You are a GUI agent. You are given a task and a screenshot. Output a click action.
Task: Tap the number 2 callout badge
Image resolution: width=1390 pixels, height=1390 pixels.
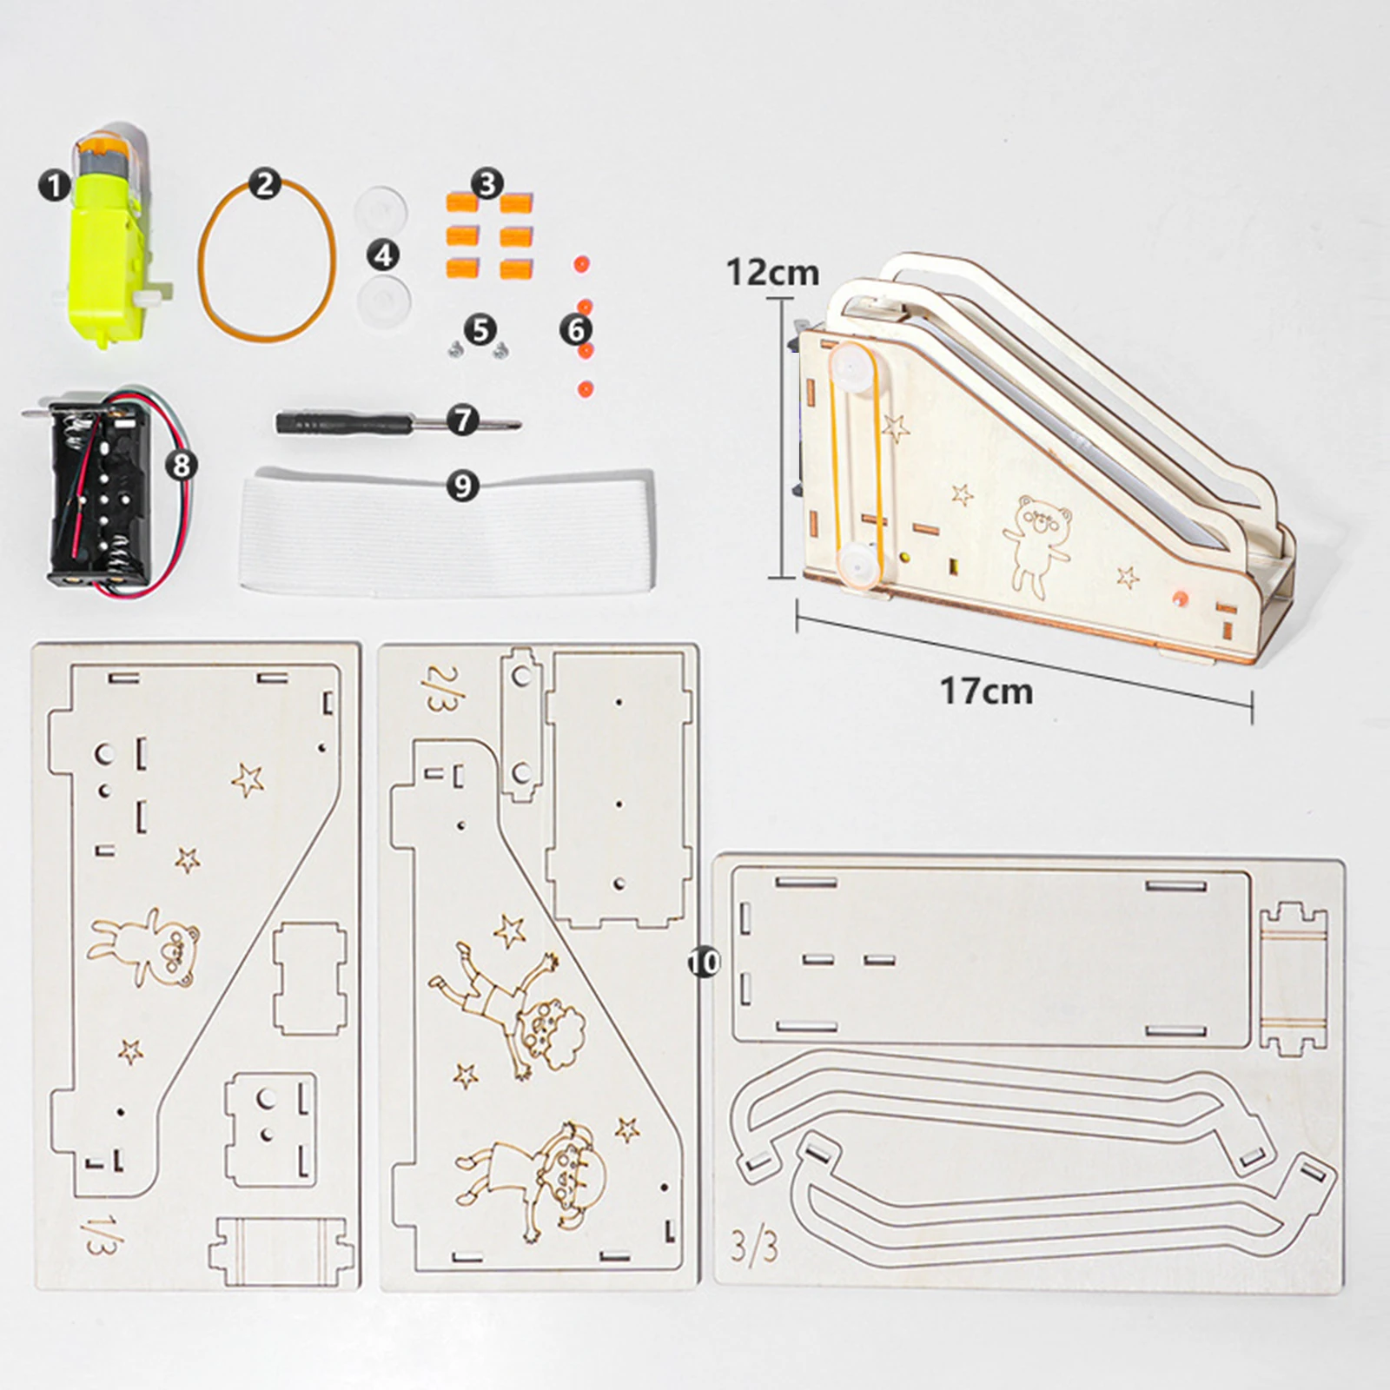coord(265,184)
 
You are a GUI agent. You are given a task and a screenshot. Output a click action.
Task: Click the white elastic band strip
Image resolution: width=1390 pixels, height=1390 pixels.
coord(447,530)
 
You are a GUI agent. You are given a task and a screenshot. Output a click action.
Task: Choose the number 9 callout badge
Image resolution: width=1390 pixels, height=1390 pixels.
coord(463,486)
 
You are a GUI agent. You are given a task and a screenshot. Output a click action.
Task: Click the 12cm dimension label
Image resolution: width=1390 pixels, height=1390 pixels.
coord(772,273)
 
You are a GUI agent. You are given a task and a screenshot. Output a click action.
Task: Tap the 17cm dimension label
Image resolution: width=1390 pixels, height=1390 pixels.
coord(987,692)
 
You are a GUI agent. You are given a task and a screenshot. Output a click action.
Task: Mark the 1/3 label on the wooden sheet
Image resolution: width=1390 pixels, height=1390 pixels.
coord(98,1234)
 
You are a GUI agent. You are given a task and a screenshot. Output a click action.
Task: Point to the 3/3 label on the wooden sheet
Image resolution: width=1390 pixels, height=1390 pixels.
coord(753,1247)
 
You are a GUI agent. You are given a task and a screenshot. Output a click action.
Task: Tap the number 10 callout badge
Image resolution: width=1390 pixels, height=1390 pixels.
coord(704,962)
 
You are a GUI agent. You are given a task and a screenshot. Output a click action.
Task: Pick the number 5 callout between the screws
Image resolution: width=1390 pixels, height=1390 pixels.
coord(480,330)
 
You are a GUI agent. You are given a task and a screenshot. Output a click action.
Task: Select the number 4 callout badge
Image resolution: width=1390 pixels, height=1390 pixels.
coord(383,255)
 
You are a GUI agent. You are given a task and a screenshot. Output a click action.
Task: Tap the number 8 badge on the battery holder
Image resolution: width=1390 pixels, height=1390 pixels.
coord(182,465)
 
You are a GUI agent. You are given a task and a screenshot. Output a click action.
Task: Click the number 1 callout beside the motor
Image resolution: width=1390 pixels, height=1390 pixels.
coord(54,185)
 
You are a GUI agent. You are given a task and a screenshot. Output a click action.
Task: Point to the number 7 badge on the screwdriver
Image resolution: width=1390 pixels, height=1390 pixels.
coord(463,420)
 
